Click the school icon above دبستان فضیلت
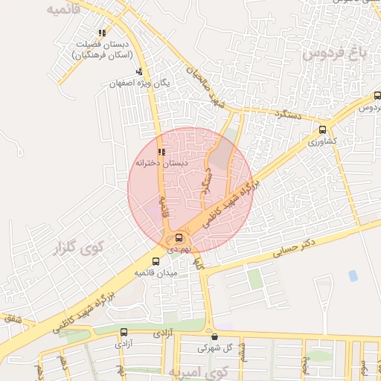[102, 33]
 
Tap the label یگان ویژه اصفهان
[140, 83]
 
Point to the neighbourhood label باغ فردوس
[336, 54]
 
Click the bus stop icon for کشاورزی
[322, 128]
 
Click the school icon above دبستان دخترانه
[161, 152]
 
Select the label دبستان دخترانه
[161, 162]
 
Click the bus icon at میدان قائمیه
[156, 261]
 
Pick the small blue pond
[353, 276]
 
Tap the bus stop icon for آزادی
[123, 333]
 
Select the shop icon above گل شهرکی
[214, 336]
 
